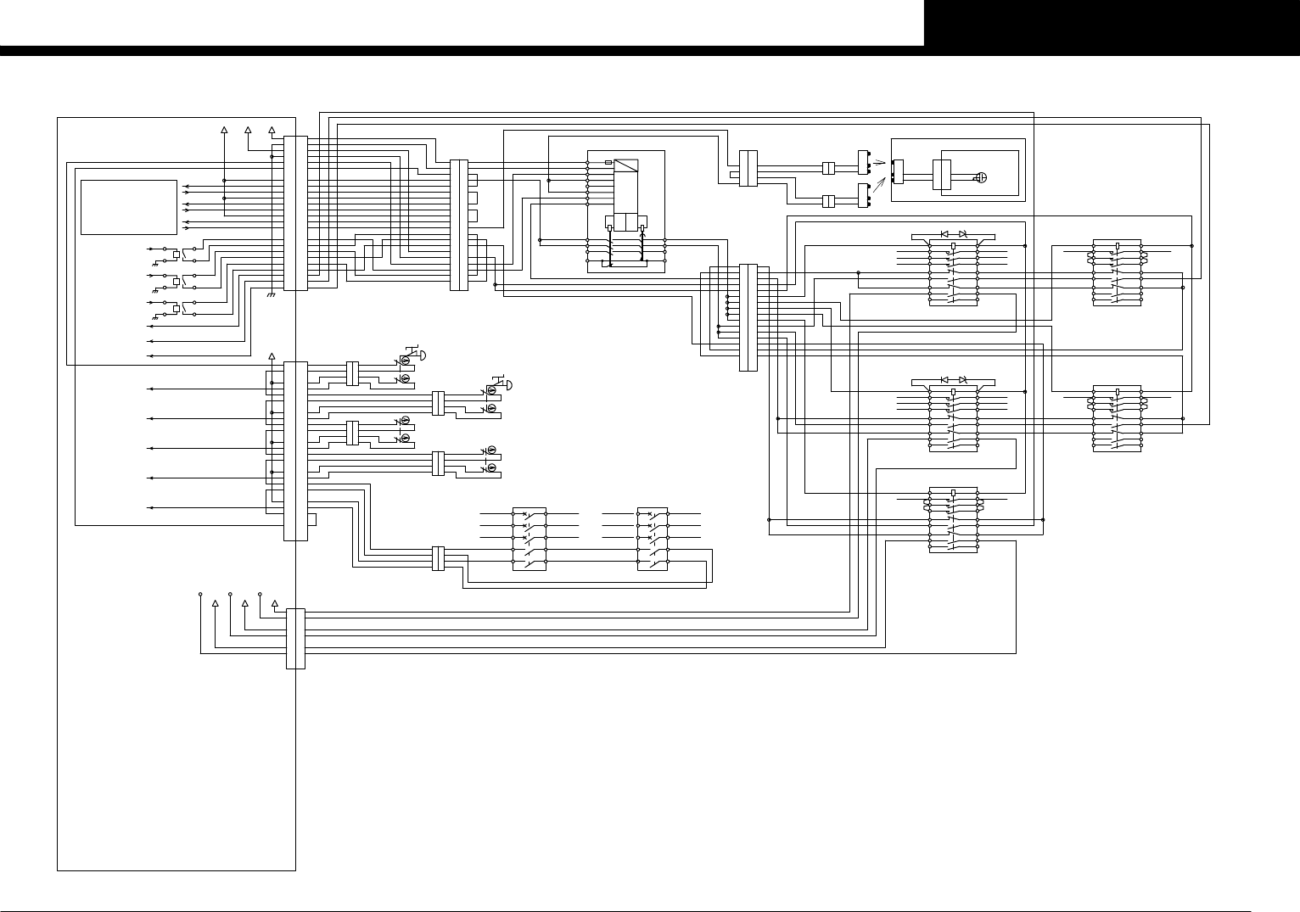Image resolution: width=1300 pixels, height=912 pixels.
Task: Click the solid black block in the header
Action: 1112,23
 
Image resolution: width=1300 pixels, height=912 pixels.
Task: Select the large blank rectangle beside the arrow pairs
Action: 128,207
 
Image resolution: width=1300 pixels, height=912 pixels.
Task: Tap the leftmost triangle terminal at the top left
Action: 224,131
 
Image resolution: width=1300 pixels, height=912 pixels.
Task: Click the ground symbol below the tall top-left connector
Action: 271,294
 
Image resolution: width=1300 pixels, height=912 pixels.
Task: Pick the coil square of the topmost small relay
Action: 176,253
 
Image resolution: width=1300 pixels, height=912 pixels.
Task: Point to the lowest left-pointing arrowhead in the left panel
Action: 150,507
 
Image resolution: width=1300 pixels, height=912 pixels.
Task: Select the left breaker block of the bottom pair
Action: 530,539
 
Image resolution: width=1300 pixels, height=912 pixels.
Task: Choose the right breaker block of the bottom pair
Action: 653,539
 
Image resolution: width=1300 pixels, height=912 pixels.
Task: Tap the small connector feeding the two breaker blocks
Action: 439,558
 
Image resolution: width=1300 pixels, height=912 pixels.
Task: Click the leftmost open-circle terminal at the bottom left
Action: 200,594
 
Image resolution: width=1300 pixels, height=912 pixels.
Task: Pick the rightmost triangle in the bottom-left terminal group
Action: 274,603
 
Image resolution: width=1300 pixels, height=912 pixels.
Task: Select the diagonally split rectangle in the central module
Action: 626,166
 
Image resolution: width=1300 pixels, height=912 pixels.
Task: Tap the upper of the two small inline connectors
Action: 830,168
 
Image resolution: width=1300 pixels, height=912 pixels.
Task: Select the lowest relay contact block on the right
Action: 954,519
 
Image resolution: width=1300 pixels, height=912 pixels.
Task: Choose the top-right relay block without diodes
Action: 1117,272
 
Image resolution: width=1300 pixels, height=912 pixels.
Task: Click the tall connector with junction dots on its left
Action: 748,317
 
